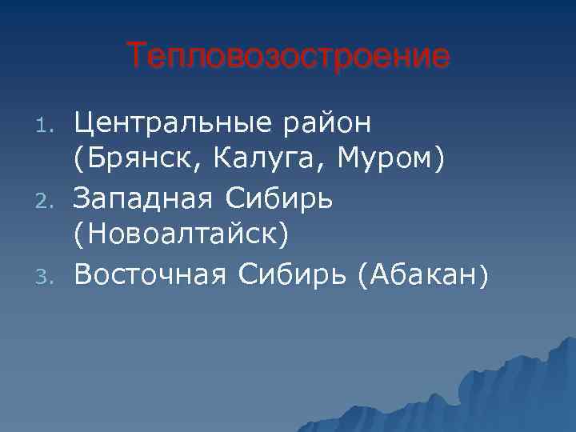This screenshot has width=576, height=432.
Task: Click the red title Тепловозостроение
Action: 288,57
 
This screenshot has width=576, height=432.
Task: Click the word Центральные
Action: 175,124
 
